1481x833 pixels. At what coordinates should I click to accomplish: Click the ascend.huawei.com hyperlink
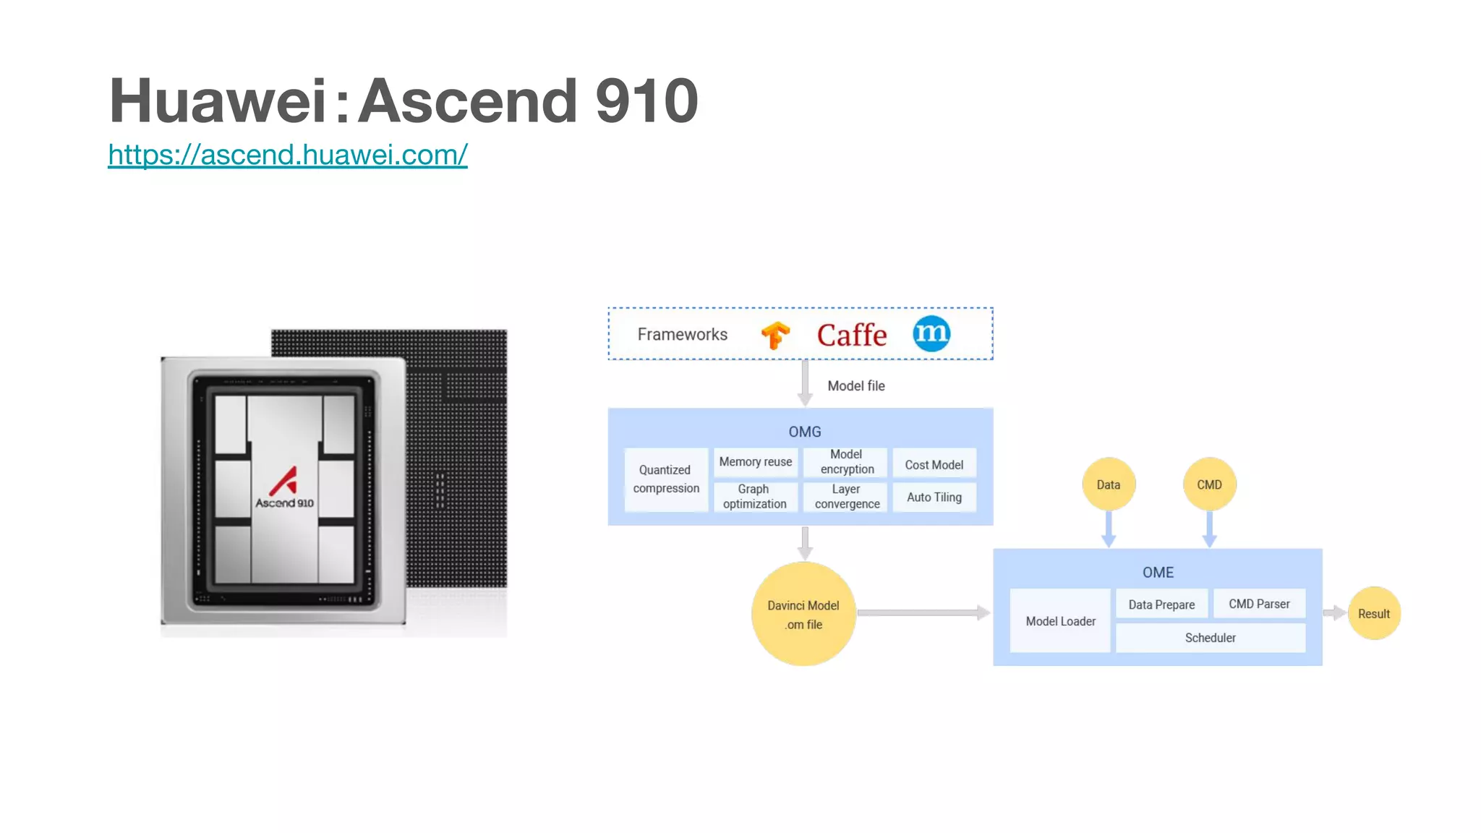288,155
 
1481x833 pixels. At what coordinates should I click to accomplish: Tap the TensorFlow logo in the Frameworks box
775,335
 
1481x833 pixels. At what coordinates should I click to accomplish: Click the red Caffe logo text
851,335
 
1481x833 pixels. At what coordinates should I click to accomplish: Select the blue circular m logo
931,333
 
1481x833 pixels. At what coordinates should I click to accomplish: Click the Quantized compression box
666,479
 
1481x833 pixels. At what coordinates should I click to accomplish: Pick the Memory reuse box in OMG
755,462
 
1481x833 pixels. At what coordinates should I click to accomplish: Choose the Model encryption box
847,462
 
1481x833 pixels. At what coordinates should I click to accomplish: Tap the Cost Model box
934,464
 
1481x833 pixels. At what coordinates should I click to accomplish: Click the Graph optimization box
754,497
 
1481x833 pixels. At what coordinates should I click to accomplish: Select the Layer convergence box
847,497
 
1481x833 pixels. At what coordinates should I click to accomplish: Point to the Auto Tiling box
934,497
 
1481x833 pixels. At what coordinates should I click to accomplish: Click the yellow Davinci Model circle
803,614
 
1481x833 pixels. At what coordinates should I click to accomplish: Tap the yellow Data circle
1108,484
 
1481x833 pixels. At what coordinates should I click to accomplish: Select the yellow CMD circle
1209,484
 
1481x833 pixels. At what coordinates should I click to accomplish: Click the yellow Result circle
1373,613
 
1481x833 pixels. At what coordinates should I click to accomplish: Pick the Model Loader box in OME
1060,621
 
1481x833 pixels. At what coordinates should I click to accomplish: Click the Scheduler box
1210,638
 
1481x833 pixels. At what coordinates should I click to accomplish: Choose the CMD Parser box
1258,604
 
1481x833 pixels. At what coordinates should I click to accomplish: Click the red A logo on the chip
284,481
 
